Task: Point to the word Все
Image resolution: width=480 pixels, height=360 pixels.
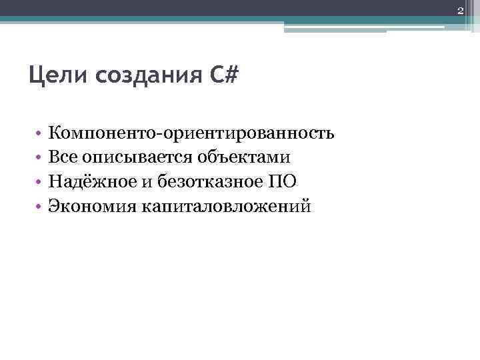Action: pyautogui.click(x=63, y=157)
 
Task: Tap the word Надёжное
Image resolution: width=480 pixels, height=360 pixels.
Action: pyautogui.click(x=91, y=181)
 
